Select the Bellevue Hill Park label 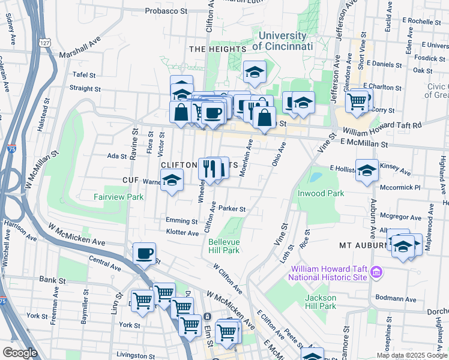tap(224, 246)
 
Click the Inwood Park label tap(321, 193)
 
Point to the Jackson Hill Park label tap(321, 302)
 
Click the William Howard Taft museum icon tap(376, 272)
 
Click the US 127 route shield tap(43, 43)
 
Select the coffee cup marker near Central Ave tap(144, 254)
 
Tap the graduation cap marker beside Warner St tap(172, 181)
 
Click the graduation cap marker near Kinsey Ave tap(367, 171)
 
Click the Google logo tap(20, 353)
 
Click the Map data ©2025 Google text tap(411, 355)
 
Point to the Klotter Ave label tap(182, 233)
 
